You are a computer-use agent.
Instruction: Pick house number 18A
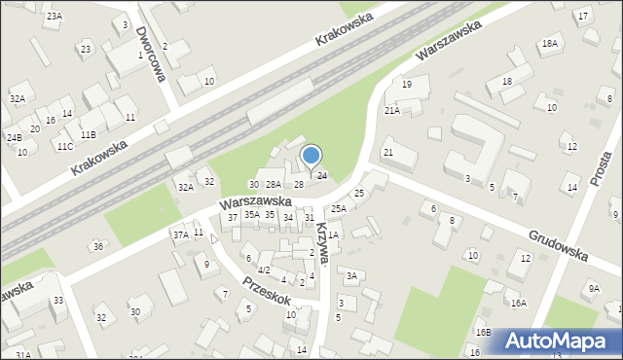tap(550, 43)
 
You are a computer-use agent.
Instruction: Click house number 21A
tap(391, 111)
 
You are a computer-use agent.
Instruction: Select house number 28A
tap(274, 184)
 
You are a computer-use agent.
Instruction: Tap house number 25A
tap(338, 208)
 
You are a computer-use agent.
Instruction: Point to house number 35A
tap(251, 214)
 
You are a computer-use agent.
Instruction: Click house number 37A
tap(180, 234)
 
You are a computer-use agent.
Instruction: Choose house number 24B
tap(14, 137)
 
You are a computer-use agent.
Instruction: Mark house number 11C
tap(64, 146)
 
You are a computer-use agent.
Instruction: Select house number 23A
tap(54, 16)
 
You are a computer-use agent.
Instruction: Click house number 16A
tap(518, 303)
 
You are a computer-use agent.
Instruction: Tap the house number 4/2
tap(264, 269)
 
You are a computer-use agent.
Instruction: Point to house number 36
tap(97, 246)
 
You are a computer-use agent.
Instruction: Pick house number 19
tap(407, 85)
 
